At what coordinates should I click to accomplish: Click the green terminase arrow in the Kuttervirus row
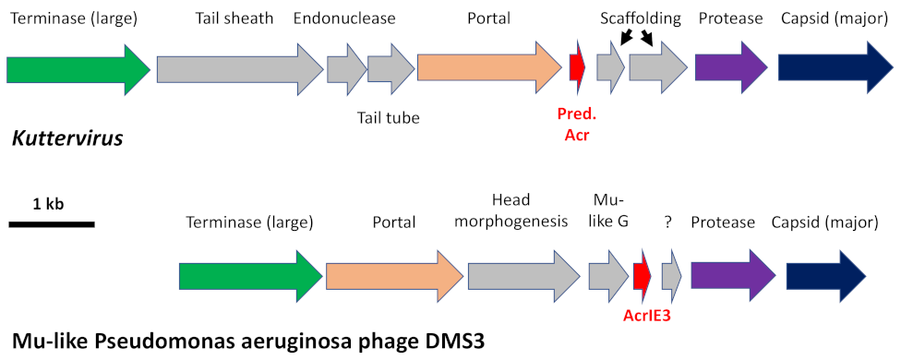tap(78, 69)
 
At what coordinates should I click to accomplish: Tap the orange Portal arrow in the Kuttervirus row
tap(488, 67)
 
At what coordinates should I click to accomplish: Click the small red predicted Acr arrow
tap(578, 67)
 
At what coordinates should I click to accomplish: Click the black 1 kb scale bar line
tap(52, 224)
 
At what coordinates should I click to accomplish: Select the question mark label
tap(667, 222)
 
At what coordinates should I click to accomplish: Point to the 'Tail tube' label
tap(389, 117)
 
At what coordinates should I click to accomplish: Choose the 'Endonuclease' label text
tap(344, 18)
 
